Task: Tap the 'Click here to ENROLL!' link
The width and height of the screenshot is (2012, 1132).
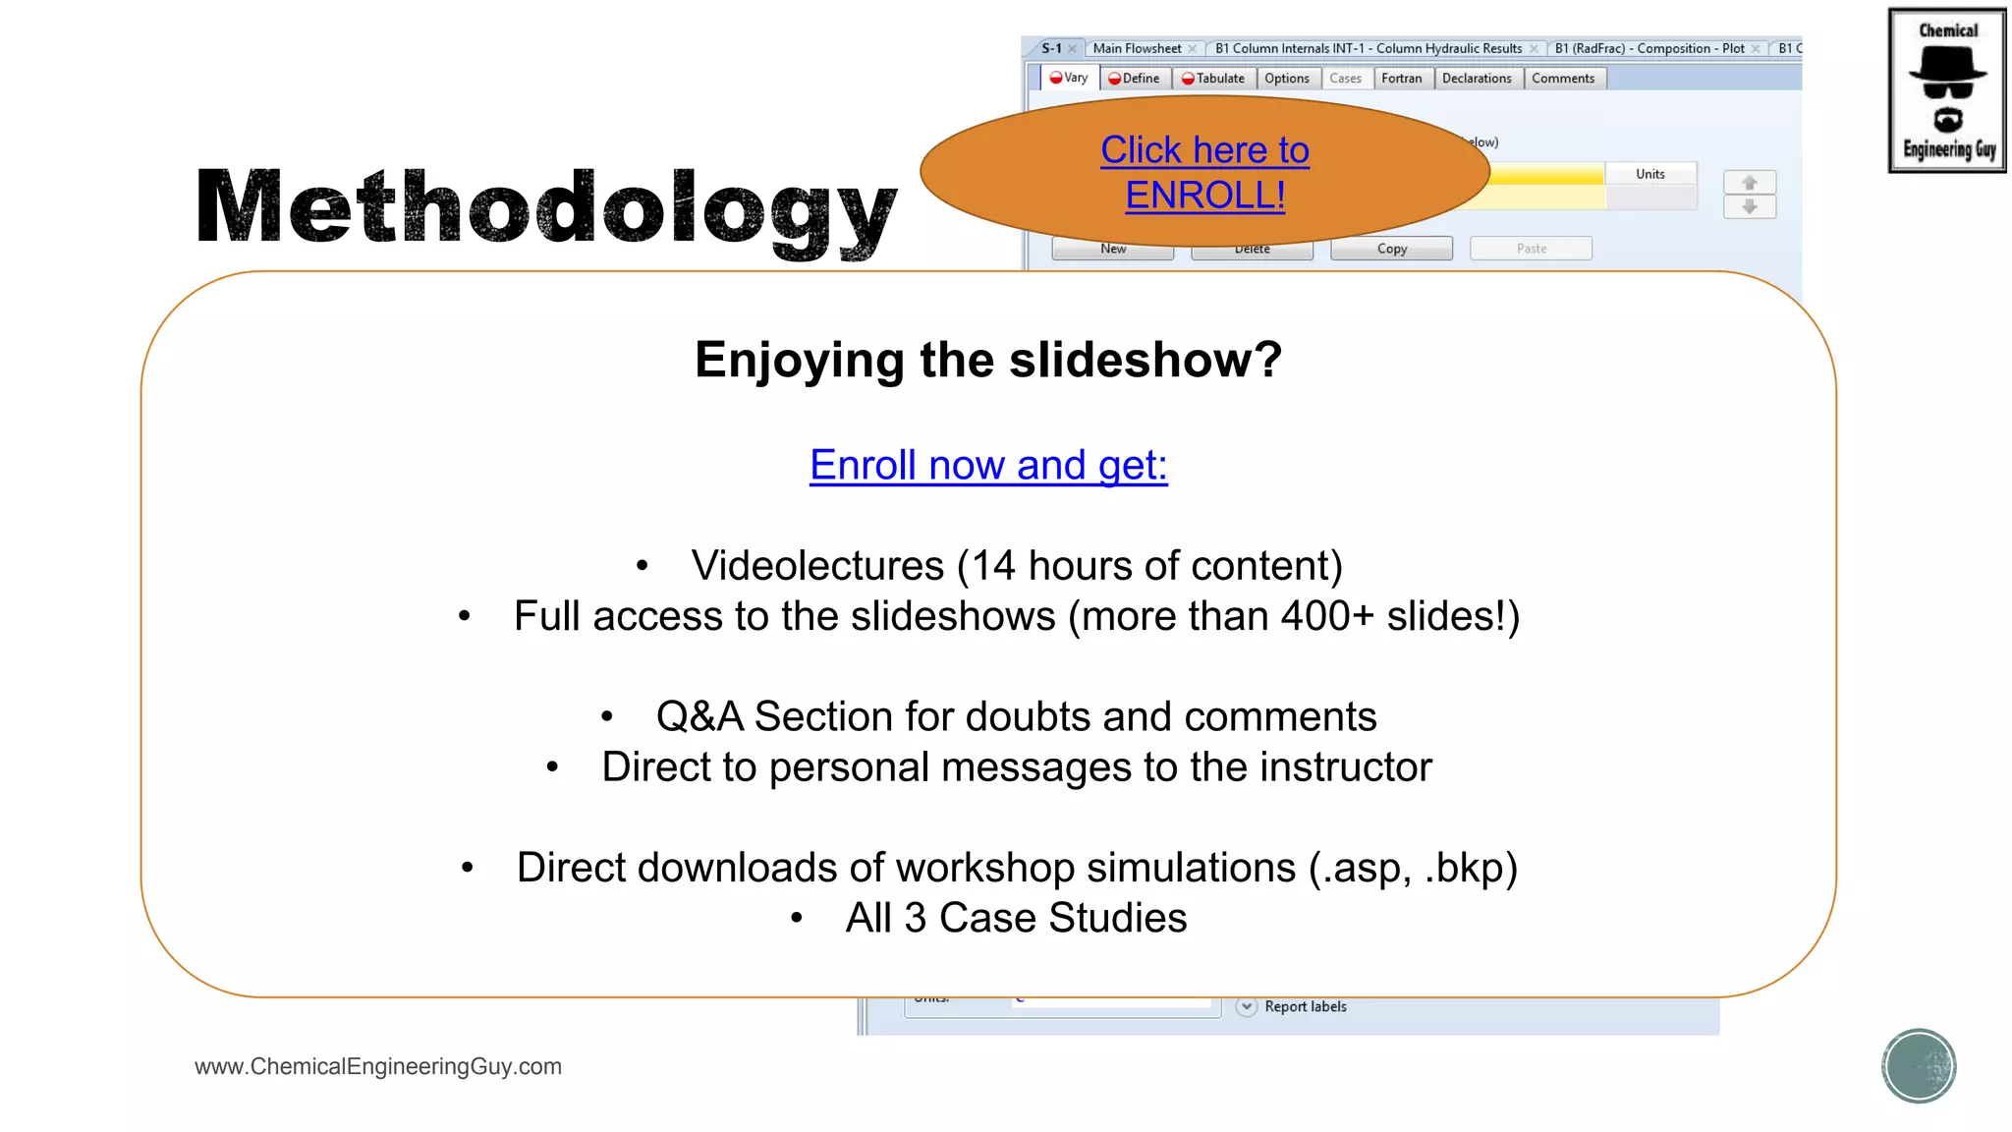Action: [1204, 173]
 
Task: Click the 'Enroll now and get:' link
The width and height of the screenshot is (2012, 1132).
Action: [988, 465]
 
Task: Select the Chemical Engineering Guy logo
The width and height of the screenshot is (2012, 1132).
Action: [1947, 90]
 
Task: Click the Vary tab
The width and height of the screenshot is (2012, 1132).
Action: [1069, 78]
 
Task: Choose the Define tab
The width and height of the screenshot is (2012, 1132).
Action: [1135, 79]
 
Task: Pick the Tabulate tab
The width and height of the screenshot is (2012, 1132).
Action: [1213, 79]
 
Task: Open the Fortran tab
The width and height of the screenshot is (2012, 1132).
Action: [1401, 79]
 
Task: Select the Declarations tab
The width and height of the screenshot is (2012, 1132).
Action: [1477, 79]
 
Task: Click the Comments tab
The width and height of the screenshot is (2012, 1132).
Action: [1563, 79]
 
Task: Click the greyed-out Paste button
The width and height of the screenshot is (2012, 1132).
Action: [1531, 249]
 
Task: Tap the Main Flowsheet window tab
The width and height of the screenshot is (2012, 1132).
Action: [1138, 48]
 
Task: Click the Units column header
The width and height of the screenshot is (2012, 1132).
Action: [1650, 174]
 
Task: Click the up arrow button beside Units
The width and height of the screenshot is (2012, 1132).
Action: [1750, 183]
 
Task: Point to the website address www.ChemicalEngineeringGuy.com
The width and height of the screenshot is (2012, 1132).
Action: [378, 1066]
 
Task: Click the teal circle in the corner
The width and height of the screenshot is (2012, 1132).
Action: [1919, 1066]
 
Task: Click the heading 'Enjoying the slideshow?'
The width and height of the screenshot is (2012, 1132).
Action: [988, 360]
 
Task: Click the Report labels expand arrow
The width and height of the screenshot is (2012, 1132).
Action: [1247, 1006]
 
